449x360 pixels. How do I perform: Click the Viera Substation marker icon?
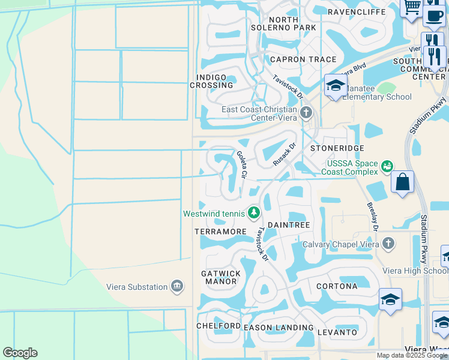176,287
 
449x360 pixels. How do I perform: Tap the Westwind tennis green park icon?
254,213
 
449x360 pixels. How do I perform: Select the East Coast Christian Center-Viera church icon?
306,112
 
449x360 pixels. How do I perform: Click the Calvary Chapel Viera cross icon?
388,244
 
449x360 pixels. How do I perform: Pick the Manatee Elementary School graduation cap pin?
336,85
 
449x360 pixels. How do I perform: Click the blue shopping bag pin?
402,182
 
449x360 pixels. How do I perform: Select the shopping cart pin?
412,7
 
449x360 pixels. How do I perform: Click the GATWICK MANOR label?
221,277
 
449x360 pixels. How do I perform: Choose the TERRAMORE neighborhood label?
220,231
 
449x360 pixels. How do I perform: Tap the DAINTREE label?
288,225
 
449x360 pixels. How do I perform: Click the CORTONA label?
337,286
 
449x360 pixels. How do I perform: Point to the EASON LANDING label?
279,328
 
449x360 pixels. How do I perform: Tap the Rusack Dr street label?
285,154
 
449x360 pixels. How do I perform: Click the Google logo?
20,353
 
